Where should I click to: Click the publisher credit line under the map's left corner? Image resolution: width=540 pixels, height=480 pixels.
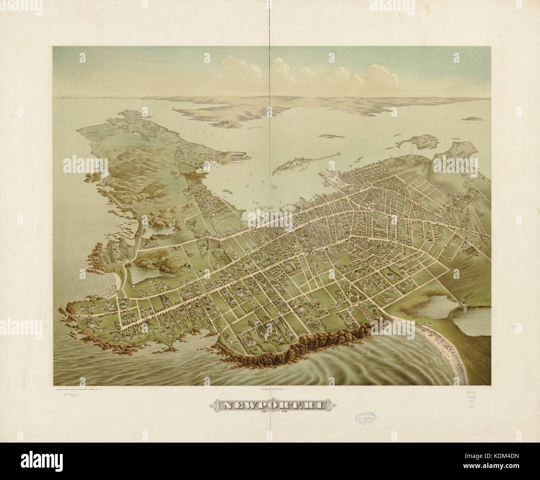click(83, 390)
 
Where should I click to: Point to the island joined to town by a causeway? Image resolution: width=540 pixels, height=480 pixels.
click(417, 143)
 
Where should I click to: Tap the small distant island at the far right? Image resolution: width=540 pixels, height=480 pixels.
click(475, 118)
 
